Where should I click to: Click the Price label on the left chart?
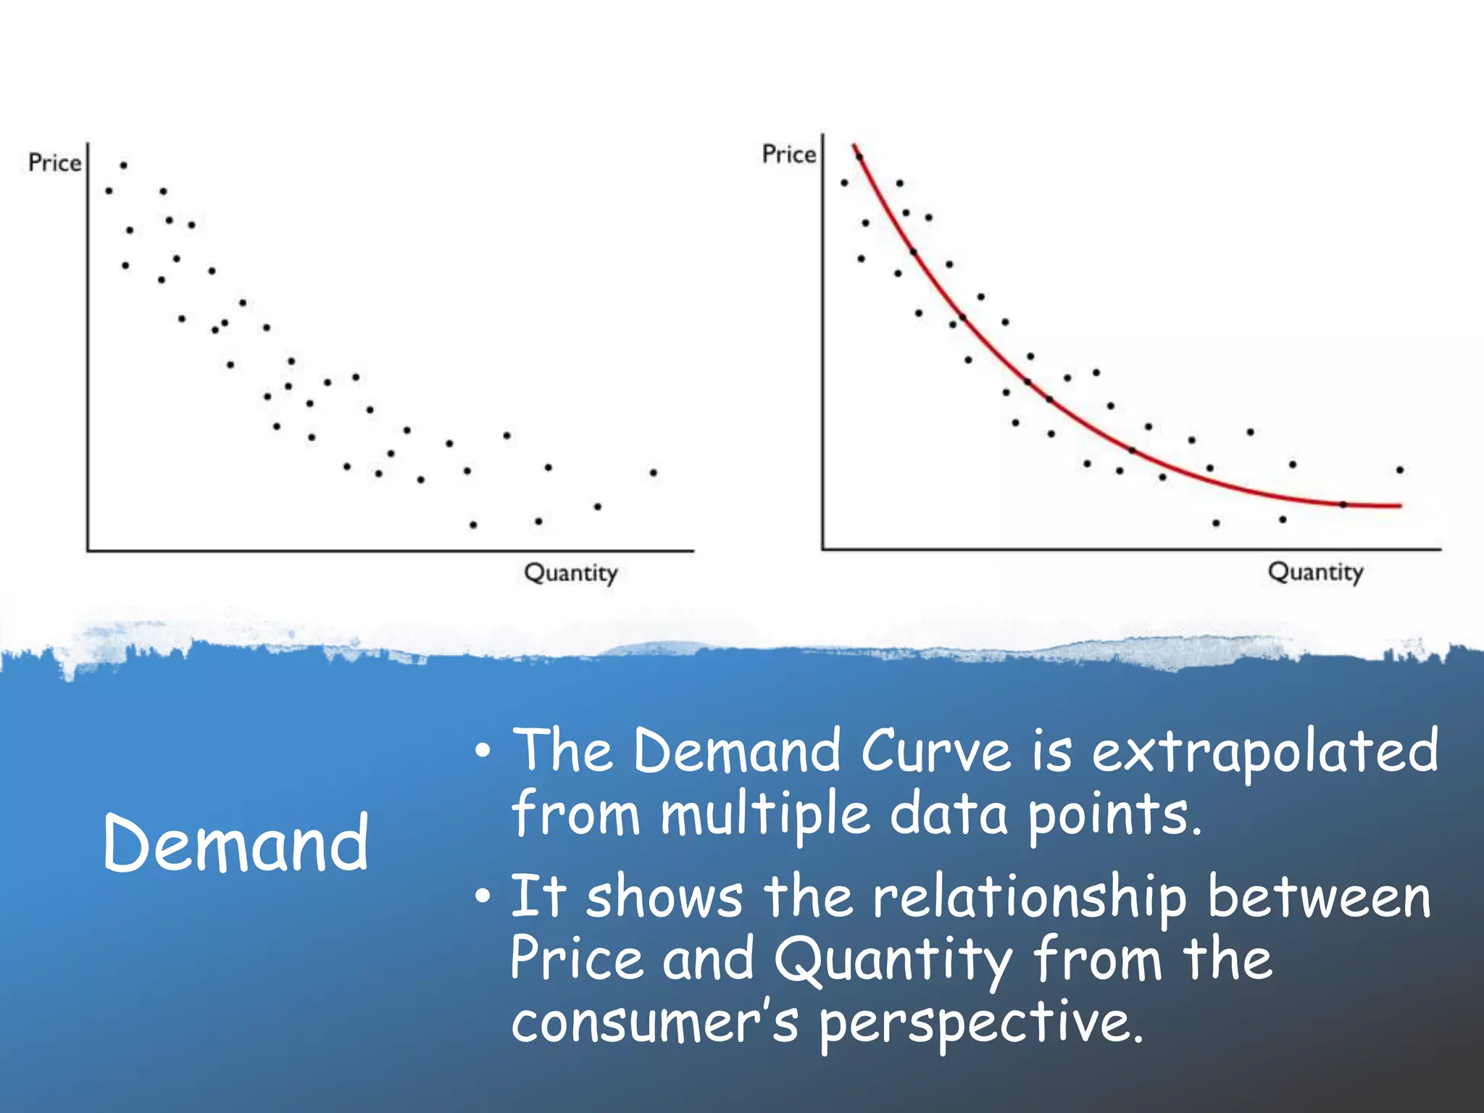(54, 162)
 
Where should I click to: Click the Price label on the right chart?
(788, 154)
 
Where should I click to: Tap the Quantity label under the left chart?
(571, 572)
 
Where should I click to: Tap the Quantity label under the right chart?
(1315, 572)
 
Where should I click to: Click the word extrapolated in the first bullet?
(1264, 751)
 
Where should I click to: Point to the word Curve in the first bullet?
(935, 751)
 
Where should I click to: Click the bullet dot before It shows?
(483, 899)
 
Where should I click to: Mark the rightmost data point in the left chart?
(654, 472)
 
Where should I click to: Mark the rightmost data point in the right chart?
(1400, 470)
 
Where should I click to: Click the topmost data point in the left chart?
(124, 165)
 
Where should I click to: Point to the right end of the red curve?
(1400, 505)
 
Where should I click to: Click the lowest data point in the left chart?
(473, 525)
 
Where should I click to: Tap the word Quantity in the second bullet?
(892, 960)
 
